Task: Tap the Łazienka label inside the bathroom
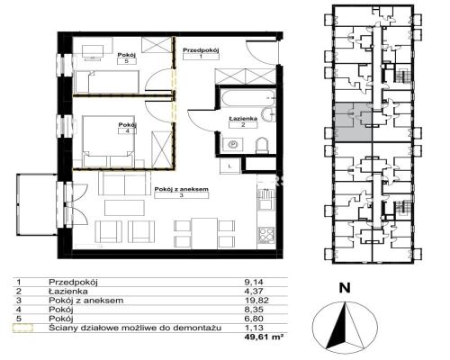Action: pyautogui.click(x=243, y=119)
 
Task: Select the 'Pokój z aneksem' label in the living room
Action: pyautogui.click(x=182, y=189)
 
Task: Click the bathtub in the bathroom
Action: pyautogui.click(x=247, y=97)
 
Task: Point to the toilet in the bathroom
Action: pyautogui.click(x=263, y=145)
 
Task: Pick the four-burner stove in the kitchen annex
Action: pyautogui.click(x=266, y=235)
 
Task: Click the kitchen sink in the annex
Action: pyautogui.click(x=266, y=200)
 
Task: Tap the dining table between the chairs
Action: pyautogui.click(x=204, y=233)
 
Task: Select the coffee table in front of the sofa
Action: pyautogui.click(x=124, y=208)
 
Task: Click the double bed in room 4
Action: pyautogui.click(x=109, y=141)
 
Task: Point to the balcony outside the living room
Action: pyautogui.click(x=37, y=204)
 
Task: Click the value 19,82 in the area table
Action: pyautogui.click(x=256, y=301)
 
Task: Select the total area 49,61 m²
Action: pyautogui.click(x=264, y=337)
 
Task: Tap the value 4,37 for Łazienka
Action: pyautogui.click(x=254, y=291)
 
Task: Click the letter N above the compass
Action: pyautogui.click(x=345, y=288)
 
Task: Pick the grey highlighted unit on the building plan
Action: pyautogui.click(x=353, y=122)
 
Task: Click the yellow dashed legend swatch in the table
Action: pyautogui.click(x=22, y=328)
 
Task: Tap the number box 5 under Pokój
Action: pyautogui.click(x=127, y=61)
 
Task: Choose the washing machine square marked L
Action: pyautogui.click(x=229, y=166)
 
